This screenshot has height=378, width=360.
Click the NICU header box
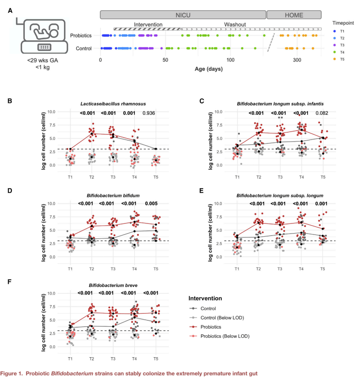(183, 15)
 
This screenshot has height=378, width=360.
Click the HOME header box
(294, 15)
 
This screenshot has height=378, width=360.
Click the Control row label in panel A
(84, 49)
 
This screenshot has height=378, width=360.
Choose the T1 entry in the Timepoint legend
(342, 31)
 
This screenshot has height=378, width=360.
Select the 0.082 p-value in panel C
(323, 113)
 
